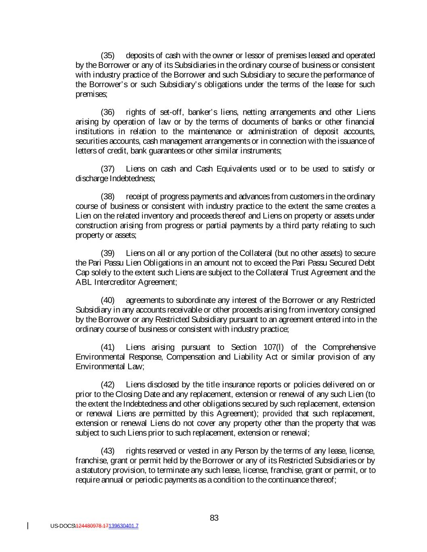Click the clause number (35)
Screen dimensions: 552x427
tap(108, 55)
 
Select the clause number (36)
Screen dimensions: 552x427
tap(108, 112)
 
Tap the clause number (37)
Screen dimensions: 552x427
tap(108, 169)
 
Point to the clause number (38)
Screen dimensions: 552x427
tap(108, 197)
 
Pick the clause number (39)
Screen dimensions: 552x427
tap(108, 253)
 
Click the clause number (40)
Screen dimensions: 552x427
tap(108, 300)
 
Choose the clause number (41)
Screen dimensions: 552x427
tap(108, 347)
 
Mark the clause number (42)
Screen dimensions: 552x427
tap(108, 384)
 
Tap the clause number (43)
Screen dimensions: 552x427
tap(108, 450)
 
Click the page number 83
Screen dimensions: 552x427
tap(214, 518)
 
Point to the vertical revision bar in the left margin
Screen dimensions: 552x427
tap(28, 526)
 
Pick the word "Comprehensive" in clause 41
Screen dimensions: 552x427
tap(349, 347)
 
